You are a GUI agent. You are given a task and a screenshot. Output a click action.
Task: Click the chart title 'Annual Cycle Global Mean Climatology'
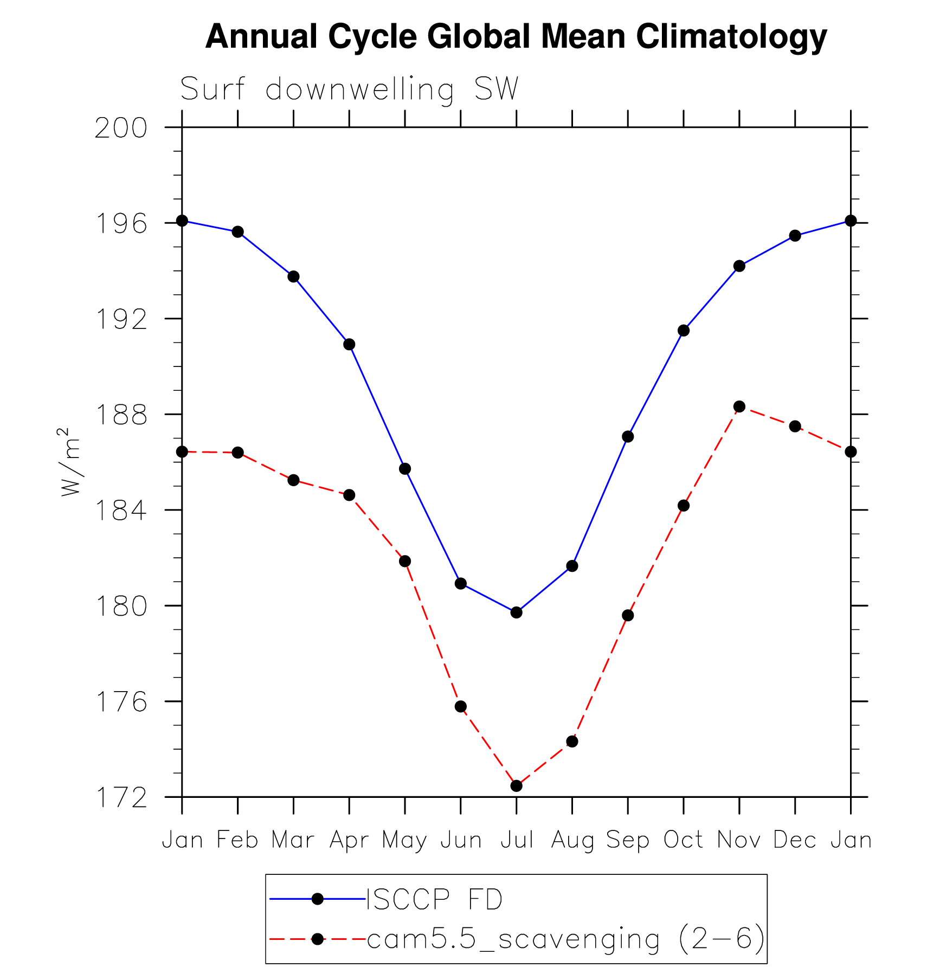(x=516, y=37)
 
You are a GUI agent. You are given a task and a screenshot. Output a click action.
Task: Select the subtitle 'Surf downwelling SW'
(x=349, y=89)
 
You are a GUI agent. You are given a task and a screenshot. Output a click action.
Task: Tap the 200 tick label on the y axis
(x=121, y=128)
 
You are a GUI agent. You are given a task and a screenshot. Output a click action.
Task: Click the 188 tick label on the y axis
(x=121, y=415)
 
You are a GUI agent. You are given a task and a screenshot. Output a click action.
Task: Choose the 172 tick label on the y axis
(x=121, y=798)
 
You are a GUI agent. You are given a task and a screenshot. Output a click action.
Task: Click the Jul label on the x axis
(x=517, y=840)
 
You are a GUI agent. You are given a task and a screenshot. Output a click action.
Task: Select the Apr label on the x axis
(x=349, y=840)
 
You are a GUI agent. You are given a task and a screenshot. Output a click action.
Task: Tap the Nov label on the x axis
(x=739, y=840)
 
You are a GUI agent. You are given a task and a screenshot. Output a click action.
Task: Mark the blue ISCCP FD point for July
(x=517, y=613)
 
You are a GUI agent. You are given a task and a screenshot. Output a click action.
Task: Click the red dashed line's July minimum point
(x=517, y=786)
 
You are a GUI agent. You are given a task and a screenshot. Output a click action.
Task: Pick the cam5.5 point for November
(x=739, y=407)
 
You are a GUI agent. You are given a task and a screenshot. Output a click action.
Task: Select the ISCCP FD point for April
(x=349, y=344)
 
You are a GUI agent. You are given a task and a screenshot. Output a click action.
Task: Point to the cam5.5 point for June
(x=461, y=706)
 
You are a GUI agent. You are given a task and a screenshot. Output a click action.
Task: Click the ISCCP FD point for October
(x=684, y=331)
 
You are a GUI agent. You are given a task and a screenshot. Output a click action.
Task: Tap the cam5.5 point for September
(x=628, y=615)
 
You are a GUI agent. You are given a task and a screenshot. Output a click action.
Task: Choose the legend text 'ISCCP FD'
(x=435, y=900)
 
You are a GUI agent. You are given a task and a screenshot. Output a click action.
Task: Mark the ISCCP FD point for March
(x=293, y=276)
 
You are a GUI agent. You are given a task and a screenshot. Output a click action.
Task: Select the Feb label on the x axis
(x=237, y=840)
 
